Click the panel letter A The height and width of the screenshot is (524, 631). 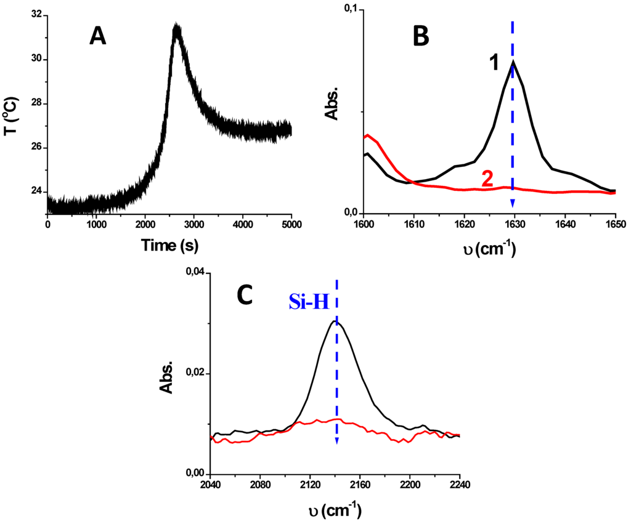pos(98,37)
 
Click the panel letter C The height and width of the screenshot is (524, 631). pos(245,296)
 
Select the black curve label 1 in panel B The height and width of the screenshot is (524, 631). pos(494,63)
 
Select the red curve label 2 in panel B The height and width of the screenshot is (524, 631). pos(487,179)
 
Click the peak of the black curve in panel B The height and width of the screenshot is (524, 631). pos(513,61)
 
